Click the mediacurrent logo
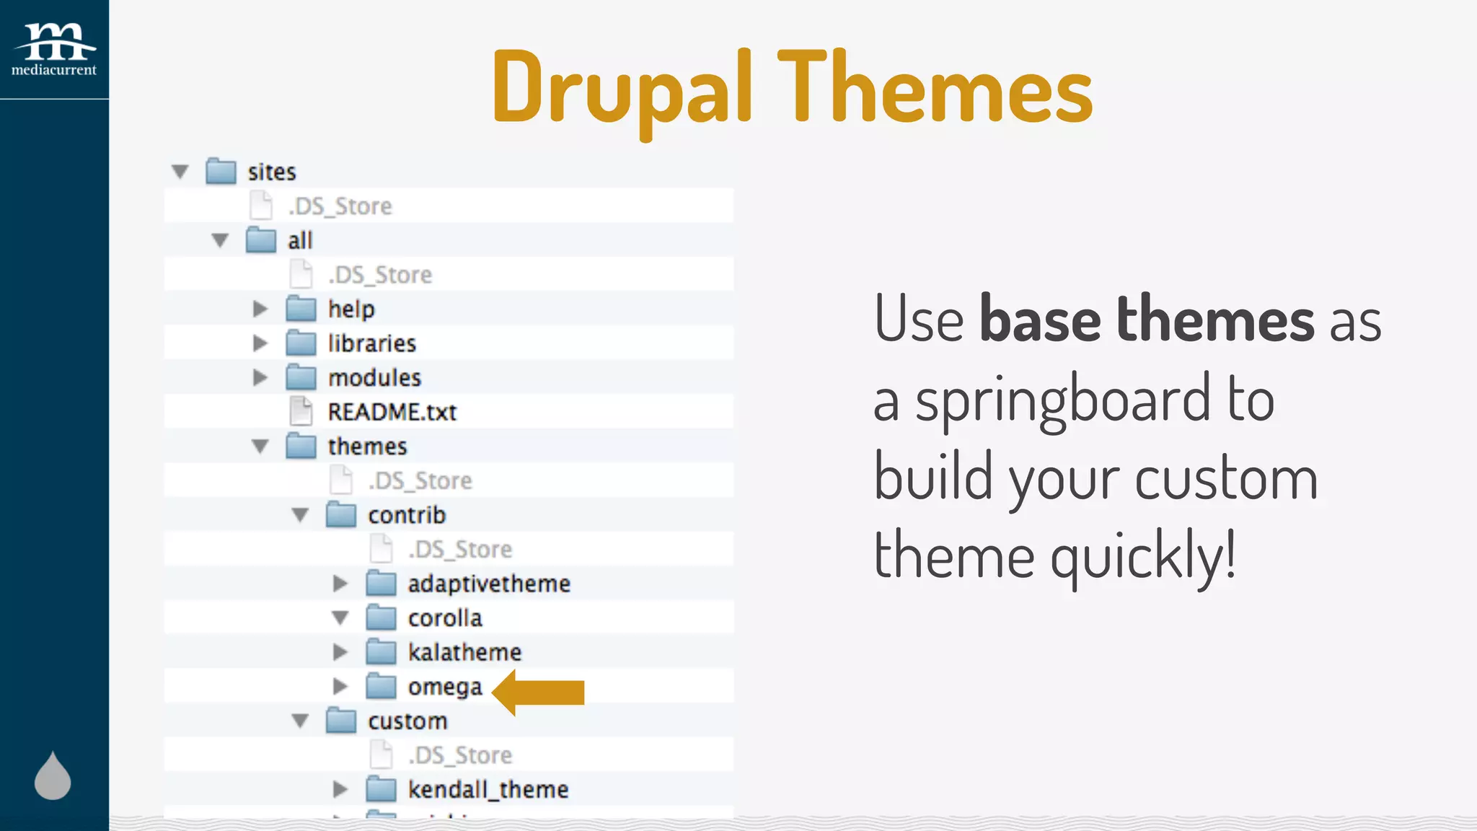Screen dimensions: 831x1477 pos(54,49)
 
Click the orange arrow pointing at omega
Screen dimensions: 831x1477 pos(539,692)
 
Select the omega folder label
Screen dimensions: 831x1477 pos(444,687)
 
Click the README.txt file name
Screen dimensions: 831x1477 pos(392,412)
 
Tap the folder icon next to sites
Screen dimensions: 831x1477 pos(221,172)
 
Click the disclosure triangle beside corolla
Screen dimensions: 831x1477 pos(340,618)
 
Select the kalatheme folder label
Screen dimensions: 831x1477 pos(464,652)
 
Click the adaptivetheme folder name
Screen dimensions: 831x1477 pos(489,584)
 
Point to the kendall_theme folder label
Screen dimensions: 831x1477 pos(488,789)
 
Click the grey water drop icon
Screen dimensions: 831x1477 pos(53,776)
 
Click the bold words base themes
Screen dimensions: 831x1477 pos(1147,320)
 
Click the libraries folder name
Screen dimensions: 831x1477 pos(371,343)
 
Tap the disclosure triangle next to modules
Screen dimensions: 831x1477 pos(260,377)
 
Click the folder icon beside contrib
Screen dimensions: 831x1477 pos(341,515)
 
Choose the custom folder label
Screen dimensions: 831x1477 pos(407,721)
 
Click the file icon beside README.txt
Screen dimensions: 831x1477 pos(301,411)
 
